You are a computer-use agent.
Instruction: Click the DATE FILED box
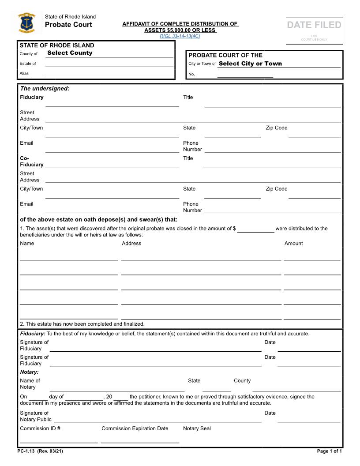(314, 30)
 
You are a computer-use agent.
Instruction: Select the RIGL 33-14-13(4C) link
(180, 36)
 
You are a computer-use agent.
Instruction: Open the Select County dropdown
(70, 53)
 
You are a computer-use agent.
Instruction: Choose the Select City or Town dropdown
(250, 64)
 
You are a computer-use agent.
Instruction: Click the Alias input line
(109, 74)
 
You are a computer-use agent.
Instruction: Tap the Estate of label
(28, 64)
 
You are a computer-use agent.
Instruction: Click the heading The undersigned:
(45, 89)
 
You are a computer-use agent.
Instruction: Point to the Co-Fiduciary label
(31, 161)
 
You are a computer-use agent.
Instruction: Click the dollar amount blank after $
(255, 229)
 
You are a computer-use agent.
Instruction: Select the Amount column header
(293, 244)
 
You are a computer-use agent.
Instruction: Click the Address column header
(131, 244)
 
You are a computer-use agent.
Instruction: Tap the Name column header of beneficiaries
(27, 244)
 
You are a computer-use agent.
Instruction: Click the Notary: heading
(29, 372)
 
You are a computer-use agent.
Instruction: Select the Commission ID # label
(40, 428)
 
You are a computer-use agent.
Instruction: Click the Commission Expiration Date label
(135, 428)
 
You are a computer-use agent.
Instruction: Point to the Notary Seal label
(197, 428)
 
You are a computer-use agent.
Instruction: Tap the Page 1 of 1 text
(329, 451)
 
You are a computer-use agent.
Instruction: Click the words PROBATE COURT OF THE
(225, 55)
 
